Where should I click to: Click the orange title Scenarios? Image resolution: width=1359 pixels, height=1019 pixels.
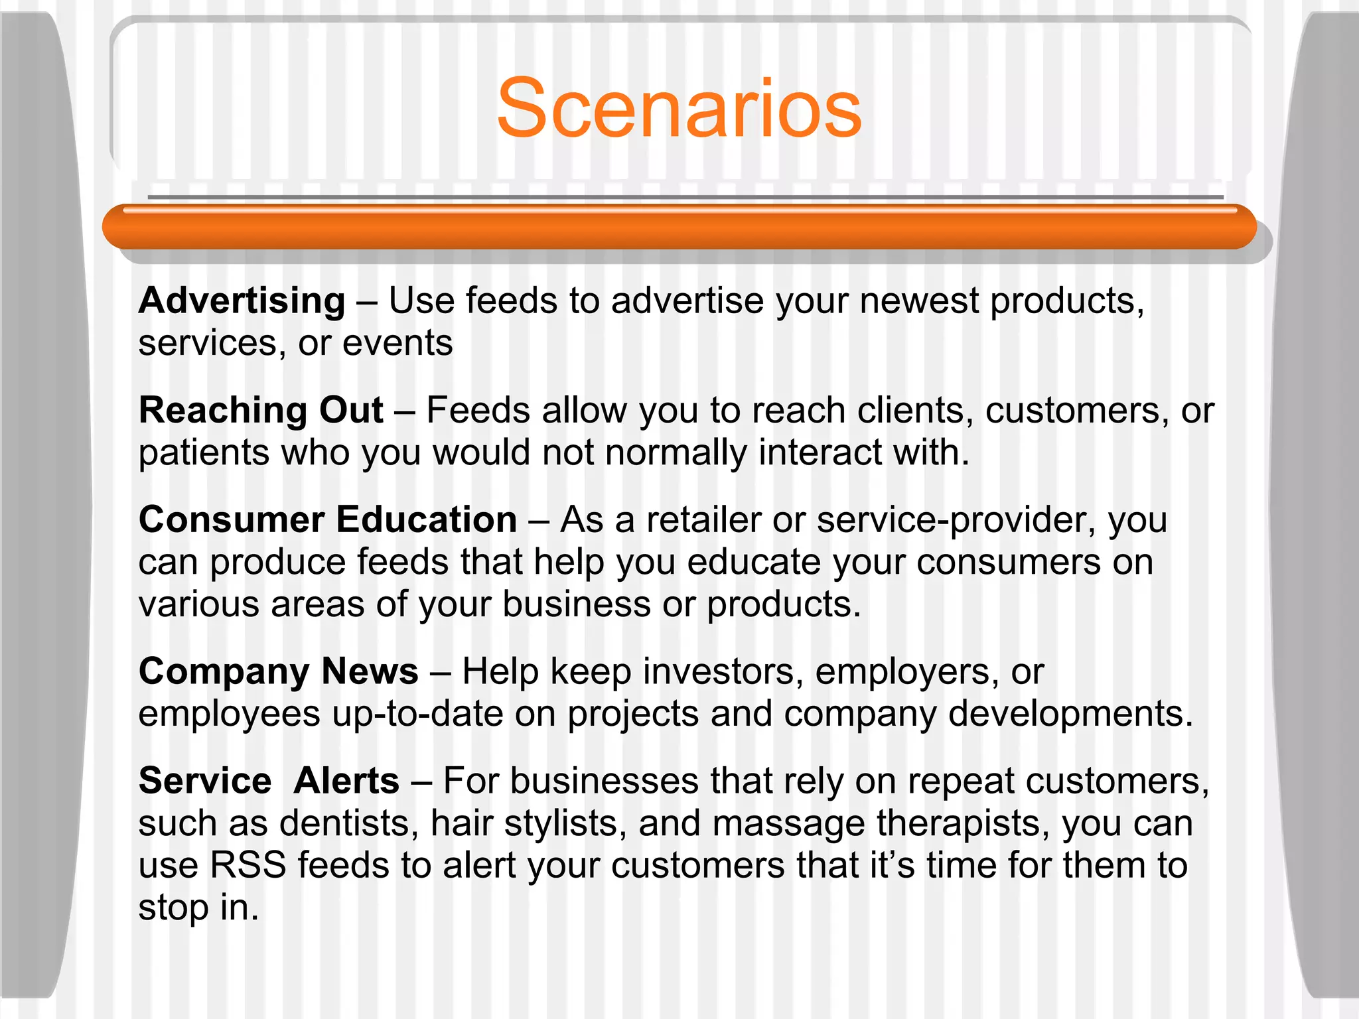pos(679,109)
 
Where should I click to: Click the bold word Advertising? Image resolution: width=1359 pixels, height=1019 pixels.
pos(242,301)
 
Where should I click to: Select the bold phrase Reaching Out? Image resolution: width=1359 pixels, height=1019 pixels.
pos(261,410)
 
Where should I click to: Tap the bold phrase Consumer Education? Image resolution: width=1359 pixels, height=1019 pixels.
pos(328,519)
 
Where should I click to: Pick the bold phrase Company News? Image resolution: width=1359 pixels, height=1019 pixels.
pos(279,671)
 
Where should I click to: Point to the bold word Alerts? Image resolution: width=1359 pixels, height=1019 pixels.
pos(346,781)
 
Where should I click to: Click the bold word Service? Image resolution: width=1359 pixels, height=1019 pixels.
pos(205,781)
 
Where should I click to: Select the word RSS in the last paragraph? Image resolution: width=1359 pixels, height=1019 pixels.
pos(248,866)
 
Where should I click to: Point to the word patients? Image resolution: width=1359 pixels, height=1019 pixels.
pos(204,453)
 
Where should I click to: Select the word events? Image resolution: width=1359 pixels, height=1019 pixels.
pos(397,344)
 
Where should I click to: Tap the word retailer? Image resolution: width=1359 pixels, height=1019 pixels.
pos(703,519)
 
